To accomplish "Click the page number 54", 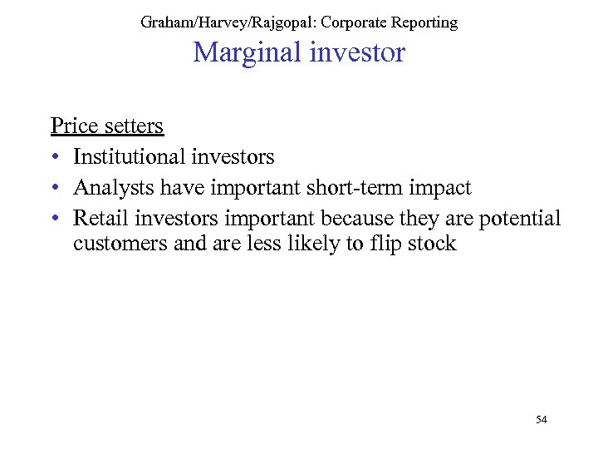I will click(x=542, y=420).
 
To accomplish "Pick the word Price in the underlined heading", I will click(x=70, y=126).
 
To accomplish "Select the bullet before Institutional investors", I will click(x=54, y=157).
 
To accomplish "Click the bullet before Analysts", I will click(x=54, y=189).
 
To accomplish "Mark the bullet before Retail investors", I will click(x=54, y=220).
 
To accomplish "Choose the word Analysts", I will click(x=113, y=188).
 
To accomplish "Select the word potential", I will click(x=522, y=219).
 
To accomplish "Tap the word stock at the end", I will click(x=431, y=244).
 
